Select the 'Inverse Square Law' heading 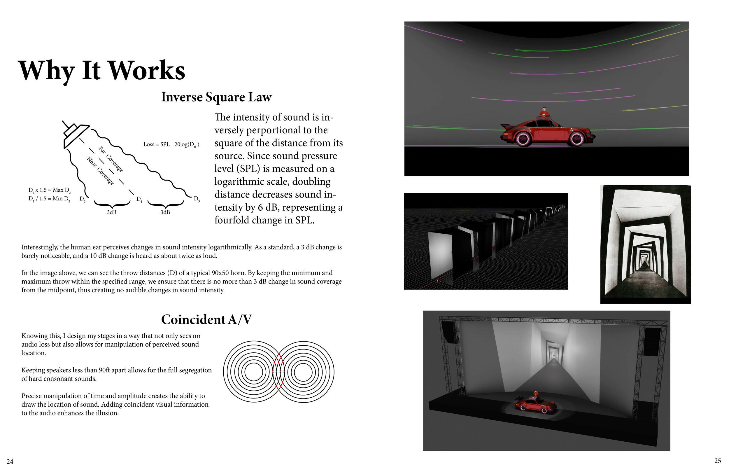click(x=216, y=97)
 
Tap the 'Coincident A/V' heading click(x=206, y=320)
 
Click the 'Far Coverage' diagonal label click(x=111, y=159)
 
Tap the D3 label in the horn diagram click(x=197, y=199)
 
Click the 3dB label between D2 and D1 click(x=111, y=212)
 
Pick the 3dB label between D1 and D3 click(x=165, y=212)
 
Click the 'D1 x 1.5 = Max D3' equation click(x=50, y=190)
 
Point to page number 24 click(x=10, y=461)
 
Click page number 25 click(x=718, y=461)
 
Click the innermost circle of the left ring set click(x=254, y=372)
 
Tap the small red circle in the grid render click(x=439, y=281)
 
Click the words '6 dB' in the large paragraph click(x=267, y=207)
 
